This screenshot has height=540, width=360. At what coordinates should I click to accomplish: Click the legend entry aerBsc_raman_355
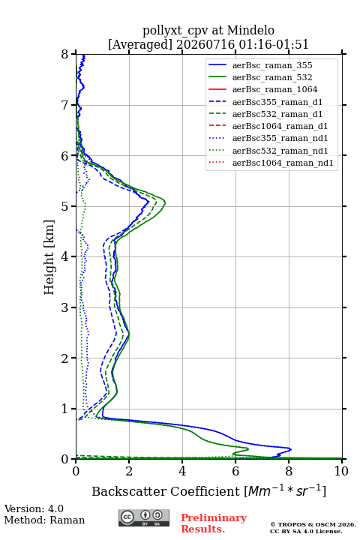pos(272,65)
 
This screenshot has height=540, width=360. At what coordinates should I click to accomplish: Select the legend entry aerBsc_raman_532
pos(272,77)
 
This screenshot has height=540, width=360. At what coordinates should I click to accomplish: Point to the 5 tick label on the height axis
pos(65,206)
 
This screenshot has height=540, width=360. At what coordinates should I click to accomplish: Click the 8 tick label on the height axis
pos(65,54)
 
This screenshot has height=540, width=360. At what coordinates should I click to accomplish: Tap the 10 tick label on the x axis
pos(341,471)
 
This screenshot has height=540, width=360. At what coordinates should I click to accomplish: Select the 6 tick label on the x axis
pos(235,471)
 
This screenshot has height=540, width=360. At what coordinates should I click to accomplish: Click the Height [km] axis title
pos(49,257)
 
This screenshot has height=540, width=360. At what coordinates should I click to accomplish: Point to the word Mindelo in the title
pos(250,30)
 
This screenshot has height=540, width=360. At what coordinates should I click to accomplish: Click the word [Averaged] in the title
pos(140,44)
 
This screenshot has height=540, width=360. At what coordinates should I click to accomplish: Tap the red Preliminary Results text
pos(214,523)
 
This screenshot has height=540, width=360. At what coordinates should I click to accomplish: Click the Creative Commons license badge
pos(144,517)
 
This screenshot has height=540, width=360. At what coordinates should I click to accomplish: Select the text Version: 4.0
pos(34,508)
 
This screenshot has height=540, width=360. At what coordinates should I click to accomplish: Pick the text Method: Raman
pos(44,520)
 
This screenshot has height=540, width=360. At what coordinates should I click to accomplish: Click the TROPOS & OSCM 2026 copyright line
pos(313,524)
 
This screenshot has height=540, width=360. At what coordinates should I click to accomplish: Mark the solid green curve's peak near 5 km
pos(165,202)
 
